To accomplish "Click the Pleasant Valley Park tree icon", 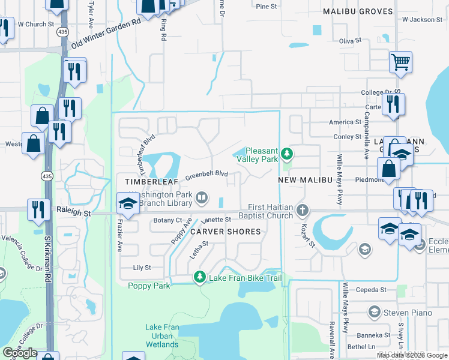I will (288, 154).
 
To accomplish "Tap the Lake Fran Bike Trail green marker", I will (199, 277).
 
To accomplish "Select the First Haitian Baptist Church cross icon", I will (303, 211).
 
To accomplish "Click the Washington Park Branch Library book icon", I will (203, 197).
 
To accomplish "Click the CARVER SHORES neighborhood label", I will (226, 231).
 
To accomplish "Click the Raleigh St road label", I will (74, 212).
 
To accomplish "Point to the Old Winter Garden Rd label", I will (106, 34).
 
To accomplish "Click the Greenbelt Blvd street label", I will (206, 175).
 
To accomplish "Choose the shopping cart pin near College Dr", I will (400, 61).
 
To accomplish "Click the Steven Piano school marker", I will (374, 312).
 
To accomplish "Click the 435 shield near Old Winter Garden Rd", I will (61, 31).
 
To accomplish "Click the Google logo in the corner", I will (20, 353).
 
